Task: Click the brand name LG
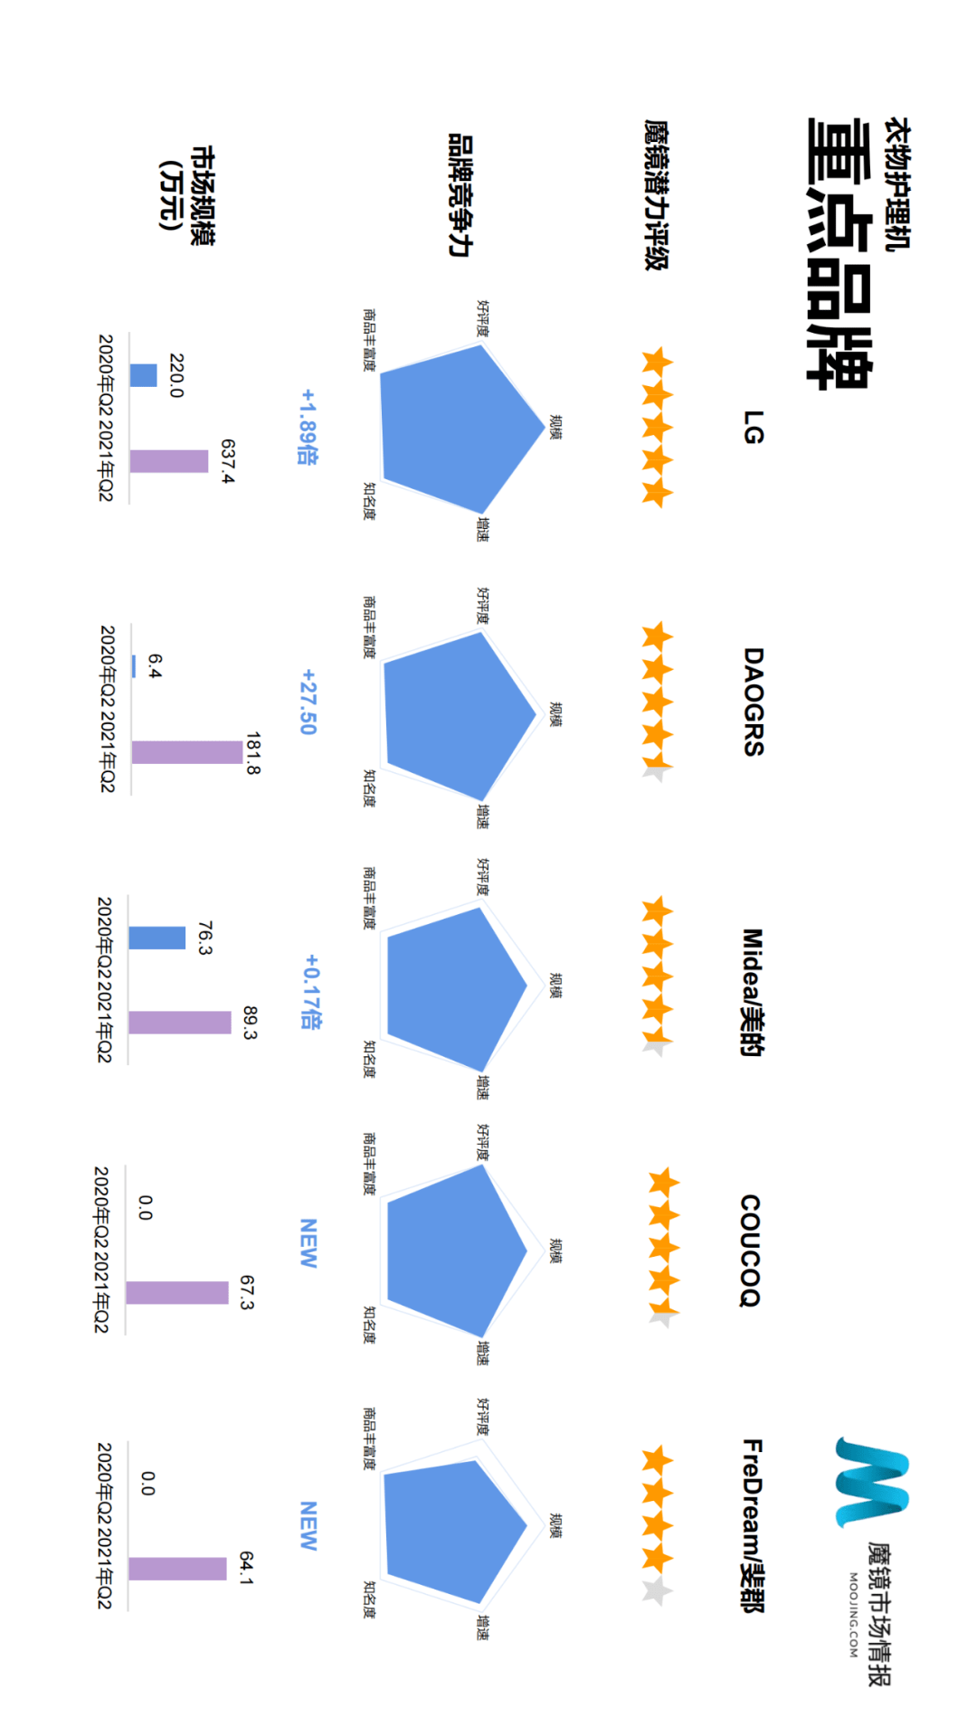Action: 753,427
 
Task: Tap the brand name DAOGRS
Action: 753,702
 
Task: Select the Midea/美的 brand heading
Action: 753,992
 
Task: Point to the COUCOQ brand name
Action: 751,1250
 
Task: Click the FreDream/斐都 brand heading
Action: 753,1525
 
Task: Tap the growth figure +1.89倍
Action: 308,427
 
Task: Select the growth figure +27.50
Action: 308,702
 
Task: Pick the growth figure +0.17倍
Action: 310,992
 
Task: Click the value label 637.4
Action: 227,461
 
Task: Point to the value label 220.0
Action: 176,375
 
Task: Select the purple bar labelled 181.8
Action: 187,752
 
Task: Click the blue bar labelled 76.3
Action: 157,938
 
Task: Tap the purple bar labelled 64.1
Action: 177,1569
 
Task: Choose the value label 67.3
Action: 247,1292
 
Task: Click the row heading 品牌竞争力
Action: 460,195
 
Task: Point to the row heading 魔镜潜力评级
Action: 656,195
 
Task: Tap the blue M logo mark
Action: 871,1482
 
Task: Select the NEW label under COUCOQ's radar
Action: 308,1243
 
